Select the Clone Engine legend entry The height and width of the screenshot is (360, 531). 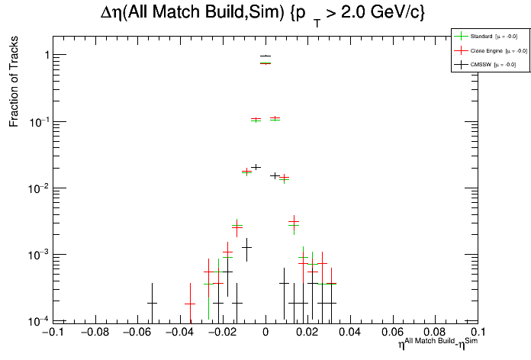pos(489,50)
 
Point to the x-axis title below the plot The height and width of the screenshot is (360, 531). pos(437,344)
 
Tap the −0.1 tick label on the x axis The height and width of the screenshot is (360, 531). pos(51,333)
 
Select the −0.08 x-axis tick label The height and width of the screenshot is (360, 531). pos(94,333)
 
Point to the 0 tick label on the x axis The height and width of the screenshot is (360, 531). pos(265,333)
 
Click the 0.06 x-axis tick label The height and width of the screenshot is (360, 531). pos(393,333)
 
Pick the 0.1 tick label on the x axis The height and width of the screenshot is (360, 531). pos(478,333)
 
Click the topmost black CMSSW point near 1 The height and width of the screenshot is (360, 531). pos(265,56)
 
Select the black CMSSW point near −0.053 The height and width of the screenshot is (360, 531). pos(152,303)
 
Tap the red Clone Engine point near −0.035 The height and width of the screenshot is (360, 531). pos(189,304)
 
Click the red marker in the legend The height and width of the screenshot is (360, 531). pos(460,50)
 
